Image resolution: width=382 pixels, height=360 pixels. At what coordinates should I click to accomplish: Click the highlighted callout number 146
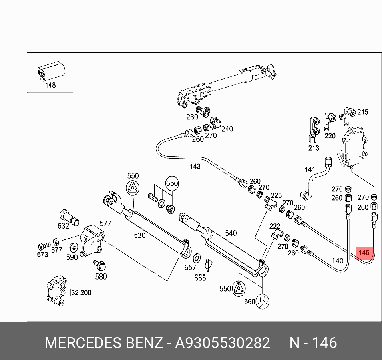364,253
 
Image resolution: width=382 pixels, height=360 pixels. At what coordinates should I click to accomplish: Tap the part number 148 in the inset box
50,85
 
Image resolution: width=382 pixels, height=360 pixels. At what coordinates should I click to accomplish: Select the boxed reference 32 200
81,293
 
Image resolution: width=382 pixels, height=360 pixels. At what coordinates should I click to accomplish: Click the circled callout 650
172,184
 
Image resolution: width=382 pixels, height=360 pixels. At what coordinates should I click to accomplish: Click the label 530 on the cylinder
139,235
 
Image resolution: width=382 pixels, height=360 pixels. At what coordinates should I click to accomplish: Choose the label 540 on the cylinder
231,233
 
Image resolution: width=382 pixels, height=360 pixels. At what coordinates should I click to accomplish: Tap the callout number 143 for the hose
195,166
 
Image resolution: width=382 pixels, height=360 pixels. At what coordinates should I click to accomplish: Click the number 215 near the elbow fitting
362,112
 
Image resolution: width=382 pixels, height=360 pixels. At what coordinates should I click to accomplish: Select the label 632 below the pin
63,226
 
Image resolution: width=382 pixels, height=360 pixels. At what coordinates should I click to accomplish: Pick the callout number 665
200,278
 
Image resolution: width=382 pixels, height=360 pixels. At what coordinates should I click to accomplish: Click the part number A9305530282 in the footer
223,343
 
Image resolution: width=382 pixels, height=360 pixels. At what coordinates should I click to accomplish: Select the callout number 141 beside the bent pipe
310,169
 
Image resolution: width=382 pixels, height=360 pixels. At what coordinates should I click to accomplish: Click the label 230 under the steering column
192,117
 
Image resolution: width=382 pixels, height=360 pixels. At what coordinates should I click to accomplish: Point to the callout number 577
105,223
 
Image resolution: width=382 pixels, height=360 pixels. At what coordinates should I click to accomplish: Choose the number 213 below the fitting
314,148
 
